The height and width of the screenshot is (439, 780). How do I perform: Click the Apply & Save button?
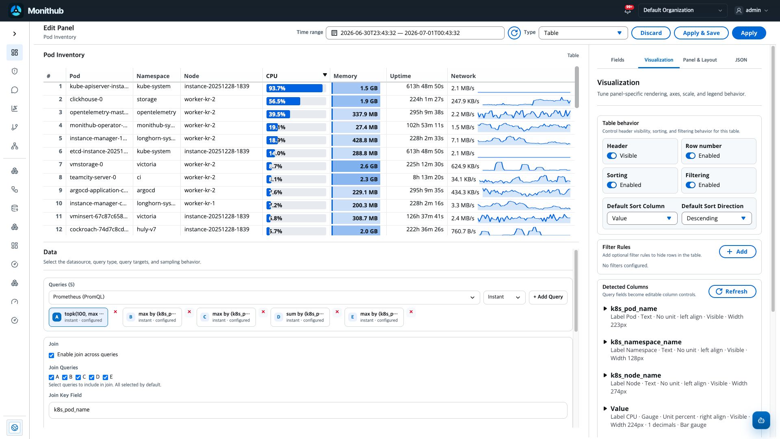701,33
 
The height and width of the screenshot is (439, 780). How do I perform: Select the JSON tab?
741,60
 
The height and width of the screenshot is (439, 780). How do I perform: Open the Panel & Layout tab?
700,60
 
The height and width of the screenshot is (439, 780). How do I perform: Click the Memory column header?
345,76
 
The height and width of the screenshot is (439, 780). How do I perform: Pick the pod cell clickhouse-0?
86,99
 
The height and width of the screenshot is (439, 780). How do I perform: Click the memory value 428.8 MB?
365,140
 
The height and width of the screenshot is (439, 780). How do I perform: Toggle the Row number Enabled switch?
690,156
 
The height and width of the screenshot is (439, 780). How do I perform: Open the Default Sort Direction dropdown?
717,218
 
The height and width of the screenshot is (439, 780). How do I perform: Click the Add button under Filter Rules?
737,252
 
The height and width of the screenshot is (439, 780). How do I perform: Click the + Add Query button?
548,297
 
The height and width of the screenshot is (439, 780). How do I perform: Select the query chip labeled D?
300,317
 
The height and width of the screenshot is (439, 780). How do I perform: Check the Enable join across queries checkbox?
52,355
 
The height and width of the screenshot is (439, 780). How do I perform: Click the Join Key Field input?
308,410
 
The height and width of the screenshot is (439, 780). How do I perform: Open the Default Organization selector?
682,11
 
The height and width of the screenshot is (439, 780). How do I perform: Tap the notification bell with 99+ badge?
628,11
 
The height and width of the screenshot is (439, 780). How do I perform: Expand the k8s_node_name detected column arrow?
605,375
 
